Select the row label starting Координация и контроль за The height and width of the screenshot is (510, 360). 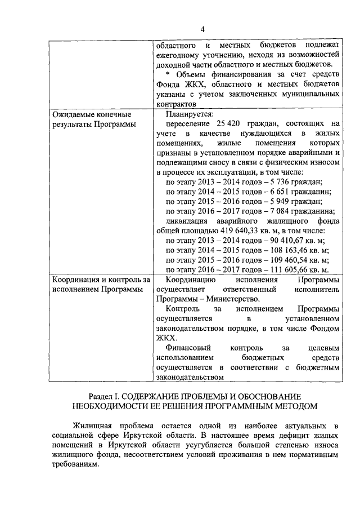(x=101, y=280)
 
